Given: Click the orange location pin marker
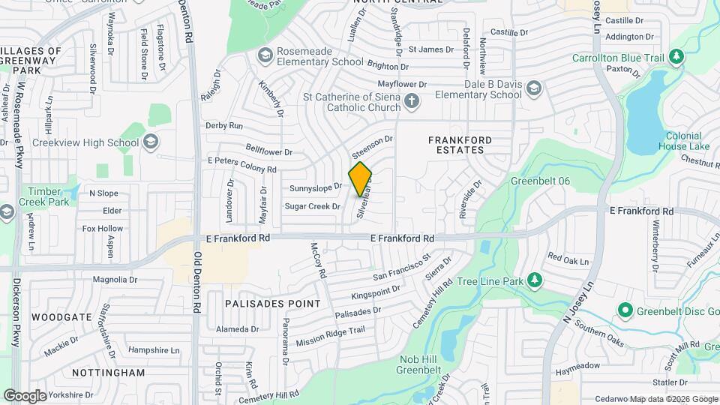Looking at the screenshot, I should tap(360, 178).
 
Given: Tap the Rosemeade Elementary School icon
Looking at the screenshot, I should tap(264, 55).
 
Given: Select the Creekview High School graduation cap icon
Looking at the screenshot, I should tap(150, 142).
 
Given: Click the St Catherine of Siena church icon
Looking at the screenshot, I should tap(411, 101).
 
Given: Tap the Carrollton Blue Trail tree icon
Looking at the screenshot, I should tap(676, 56).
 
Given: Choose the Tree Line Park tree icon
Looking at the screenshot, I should tap(534, 280).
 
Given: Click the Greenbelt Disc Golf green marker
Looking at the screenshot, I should tap(624, 310).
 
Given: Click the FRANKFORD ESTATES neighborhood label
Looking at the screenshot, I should tap(460, 145).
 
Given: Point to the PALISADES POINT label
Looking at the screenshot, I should tap(272, 304).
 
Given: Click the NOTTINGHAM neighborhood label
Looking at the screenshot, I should tap(108, 372).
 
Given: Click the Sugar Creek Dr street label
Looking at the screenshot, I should tap(313, 206).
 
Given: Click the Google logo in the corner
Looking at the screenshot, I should tap(24, 395).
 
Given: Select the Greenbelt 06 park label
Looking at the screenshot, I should tap(541, 181).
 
